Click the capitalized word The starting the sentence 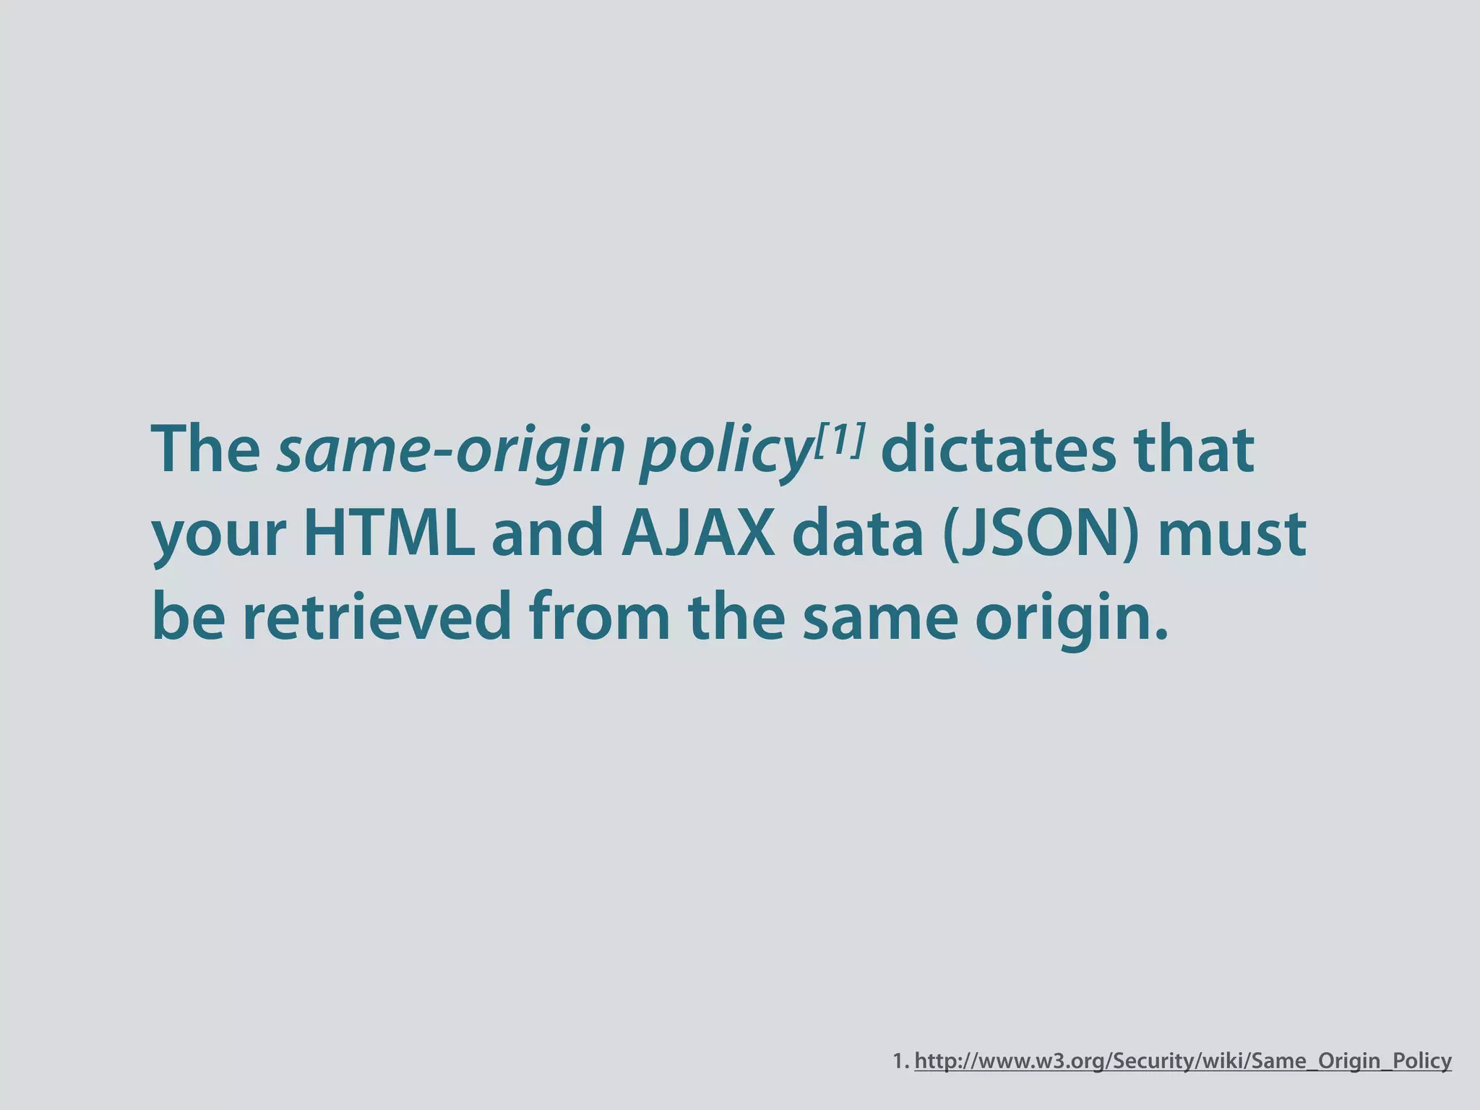[206, 449]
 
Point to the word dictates [998, 449]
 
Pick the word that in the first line [1193, 449]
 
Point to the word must [1232, 535]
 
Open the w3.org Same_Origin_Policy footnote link [1183, 1061]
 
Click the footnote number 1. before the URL [900, 1061]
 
